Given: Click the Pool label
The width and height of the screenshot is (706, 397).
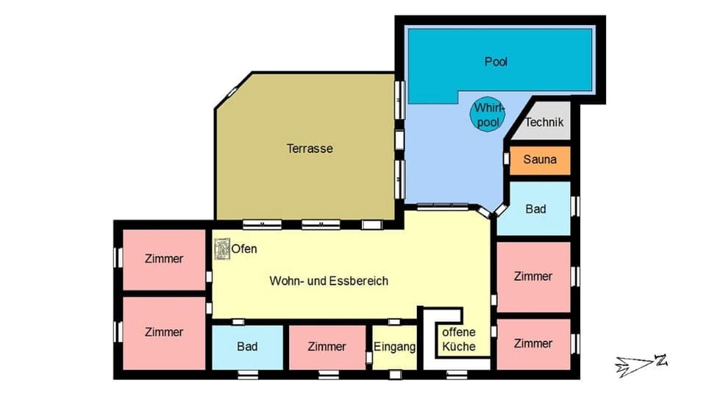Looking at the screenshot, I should tap(496, 61).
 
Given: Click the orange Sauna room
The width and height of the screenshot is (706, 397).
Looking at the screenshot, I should tap(540, 160).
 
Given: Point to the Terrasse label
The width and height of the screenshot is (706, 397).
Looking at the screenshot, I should tap(310, 149).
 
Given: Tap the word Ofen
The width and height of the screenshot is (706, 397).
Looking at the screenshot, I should tap(245, 249).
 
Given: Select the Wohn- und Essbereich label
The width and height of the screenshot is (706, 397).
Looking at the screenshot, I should tap(329, 281).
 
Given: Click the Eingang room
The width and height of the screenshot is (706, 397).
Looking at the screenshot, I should tap(395, 347).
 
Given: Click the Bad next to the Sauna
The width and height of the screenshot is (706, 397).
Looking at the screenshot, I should tap(535, 209).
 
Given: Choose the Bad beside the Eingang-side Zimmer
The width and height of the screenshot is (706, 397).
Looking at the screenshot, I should tap(247, 346).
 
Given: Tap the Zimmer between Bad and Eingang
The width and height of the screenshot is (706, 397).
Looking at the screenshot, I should tap(327, 346).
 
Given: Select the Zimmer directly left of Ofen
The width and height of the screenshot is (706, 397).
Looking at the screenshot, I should tap(164, 259).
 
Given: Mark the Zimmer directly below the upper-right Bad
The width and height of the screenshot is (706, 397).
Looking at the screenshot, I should tap(533, 276).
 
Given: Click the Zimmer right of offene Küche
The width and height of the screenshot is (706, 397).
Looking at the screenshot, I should tap(533, 343).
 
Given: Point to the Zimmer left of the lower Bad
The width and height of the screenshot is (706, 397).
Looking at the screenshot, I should tap(164, 332).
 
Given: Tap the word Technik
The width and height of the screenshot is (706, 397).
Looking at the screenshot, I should tap(544, 123).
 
